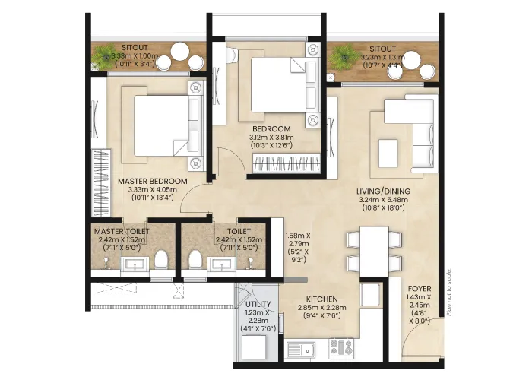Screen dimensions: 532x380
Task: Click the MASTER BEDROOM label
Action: click(x=152, y=182)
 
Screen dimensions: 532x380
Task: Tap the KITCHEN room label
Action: click(x=322, y=299)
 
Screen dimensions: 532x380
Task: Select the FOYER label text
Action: click(x=420, y=289)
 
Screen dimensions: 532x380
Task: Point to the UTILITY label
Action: click(x=258, y=304)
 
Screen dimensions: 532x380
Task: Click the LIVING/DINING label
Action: click(x=383, y=192)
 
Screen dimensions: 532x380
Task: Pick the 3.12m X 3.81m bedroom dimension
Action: click(x=271, y=138)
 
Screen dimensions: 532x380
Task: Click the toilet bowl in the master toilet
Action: click(x=161, y=260)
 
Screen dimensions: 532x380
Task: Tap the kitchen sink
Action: click(x=301, y=349)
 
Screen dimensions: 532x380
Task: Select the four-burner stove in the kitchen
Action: click(x=341, y=348)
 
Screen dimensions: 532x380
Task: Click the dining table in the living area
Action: click(x=374, y=252)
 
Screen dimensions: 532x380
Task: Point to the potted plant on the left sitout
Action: click(x=106, y=56)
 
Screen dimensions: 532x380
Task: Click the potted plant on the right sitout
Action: click(x=344, y=56)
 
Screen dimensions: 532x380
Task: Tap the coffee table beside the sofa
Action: click(x=388, y=154)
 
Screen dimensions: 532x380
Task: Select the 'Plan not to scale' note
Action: click(x=449, y=293)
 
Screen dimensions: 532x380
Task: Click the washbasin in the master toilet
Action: click(x=135, y=264)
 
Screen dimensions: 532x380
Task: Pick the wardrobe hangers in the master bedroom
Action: click(x=101, y=183)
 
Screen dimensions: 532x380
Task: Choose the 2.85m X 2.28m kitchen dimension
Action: click(x=322, y=308)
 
